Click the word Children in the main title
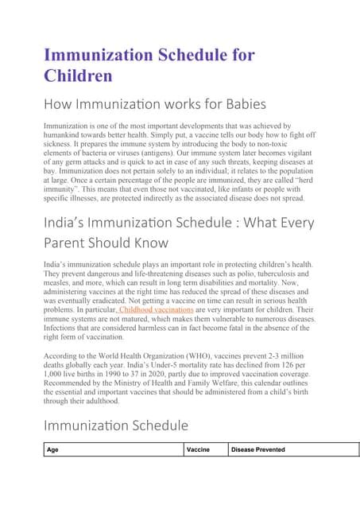tap(77, 76)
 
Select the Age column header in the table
tap(52, 449)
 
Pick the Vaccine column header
tap(198, 449)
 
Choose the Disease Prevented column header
tap(257, 449)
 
